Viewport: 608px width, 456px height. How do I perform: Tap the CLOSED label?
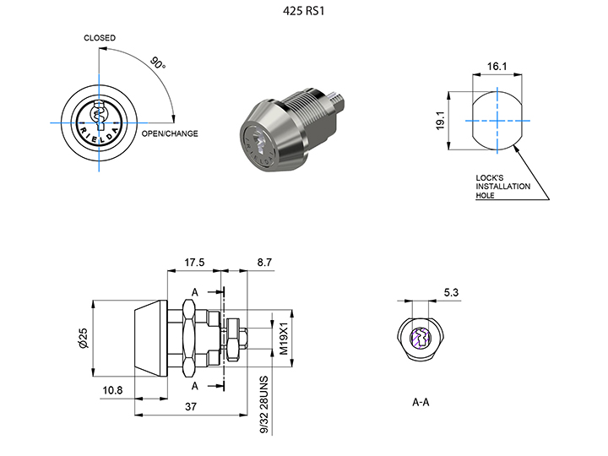(x=100, y=38)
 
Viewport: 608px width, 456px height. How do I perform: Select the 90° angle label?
(x=157, y=64)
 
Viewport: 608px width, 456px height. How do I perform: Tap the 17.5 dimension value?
(x=195, y=263)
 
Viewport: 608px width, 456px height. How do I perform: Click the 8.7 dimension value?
(x=263, y=263)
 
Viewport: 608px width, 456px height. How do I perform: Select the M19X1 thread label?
(x=285, y=336)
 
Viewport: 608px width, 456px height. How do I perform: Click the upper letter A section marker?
(x=195, y=292)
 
